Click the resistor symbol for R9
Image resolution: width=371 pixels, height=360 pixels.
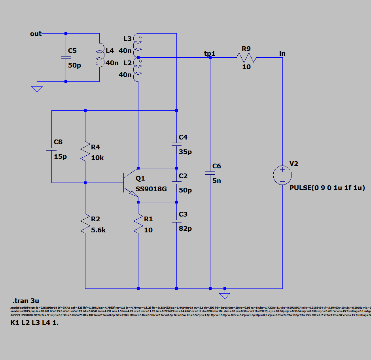[x=246, y=58]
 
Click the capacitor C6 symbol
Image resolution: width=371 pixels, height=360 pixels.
[x=210, y=173]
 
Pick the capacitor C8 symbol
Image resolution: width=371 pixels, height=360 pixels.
[x=51, y=149]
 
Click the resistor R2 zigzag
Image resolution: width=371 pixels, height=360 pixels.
[x=85, y=224]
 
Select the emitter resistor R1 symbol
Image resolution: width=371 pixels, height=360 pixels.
[x=138, y=224]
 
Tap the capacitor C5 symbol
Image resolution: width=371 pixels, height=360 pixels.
[x=66, y=57]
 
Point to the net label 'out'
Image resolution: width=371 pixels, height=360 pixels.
[x=36, y=34]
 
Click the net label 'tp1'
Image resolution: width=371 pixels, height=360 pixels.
[x=209, y=53]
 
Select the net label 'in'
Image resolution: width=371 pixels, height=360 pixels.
[x=282, y=53]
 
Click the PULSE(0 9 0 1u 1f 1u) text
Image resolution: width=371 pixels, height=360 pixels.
[x=327, y=188]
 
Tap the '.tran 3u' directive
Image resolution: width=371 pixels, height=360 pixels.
[x=26, y=301]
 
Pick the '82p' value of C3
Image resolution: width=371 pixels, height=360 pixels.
[x=185, y=228]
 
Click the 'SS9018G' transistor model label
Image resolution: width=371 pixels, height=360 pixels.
[x=151, y=189]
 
